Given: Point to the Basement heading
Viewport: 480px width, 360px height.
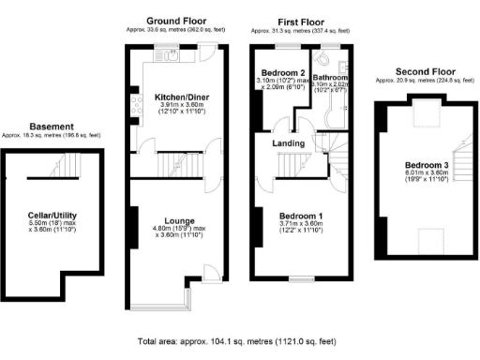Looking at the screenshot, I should coord(52,126).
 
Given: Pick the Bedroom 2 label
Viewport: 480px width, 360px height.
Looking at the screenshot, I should coord(282,73).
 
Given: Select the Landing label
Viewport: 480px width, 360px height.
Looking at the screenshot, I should coord(286,142).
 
